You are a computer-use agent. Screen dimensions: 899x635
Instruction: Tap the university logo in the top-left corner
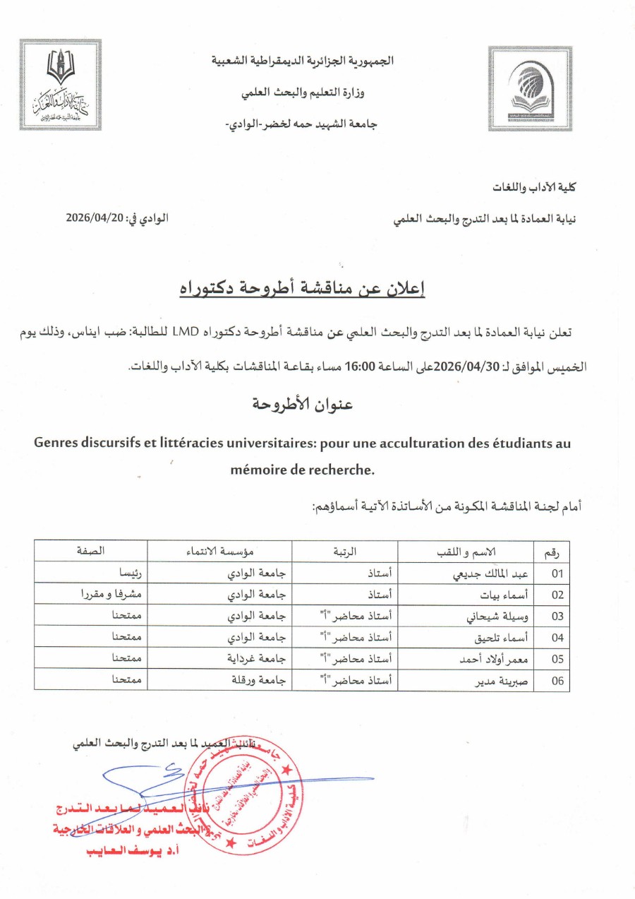click(x=61, y=85)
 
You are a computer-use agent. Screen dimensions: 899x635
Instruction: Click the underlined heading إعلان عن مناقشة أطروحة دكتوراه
click(x=317, y=288)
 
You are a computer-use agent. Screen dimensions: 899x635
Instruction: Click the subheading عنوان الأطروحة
click(x=303, y=405)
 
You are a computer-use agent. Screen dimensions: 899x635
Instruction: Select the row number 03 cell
click(x=557, y=616)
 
